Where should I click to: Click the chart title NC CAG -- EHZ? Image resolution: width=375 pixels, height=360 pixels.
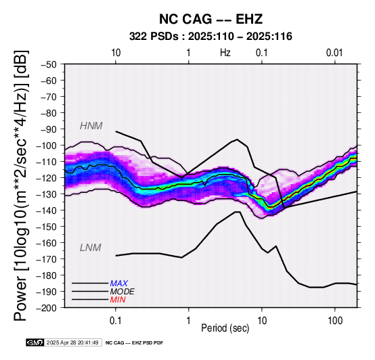tap(211, 19)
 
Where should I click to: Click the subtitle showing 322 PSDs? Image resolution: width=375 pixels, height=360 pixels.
tap(211, 37)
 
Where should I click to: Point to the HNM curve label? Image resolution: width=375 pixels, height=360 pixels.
tap(91, 126)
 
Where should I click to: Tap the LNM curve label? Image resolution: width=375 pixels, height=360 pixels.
tap(91, 248)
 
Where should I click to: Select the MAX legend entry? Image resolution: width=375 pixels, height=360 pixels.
tap(118, 284)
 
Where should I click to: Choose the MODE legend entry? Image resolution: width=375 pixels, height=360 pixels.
tap(123, 292)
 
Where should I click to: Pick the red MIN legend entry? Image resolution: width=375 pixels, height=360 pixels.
tap(118, 300)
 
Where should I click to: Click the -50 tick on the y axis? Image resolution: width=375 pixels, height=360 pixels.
tap(49, 64)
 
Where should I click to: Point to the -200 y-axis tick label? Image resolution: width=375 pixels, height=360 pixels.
tap(47, 308)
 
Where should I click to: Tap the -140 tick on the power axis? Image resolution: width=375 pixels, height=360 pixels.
tap(47, 210)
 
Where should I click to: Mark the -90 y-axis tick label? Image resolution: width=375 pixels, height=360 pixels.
tap(49, 129)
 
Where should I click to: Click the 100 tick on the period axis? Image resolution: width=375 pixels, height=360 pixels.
tap(335, 321)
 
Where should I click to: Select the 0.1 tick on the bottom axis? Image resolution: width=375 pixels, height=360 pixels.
tap(116, 321)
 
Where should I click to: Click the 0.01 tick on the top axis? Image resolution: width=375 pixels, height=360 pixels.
tap(334, 53)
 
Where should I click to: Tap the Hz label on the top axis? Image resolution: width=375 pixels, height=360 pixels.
tap(225, 53)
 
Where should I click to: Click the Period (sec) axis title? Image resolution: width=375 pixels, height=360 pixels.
tap(225, 328)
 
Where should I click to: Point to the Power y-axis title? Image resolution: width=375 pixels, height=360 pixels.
tap(21, 185)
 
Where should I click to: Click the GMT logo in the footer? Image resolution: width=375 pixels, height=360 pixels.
tap(35, 342)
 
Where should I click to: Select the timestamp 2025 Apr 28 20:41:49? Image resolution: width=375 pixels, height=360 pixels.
tap(72, 342)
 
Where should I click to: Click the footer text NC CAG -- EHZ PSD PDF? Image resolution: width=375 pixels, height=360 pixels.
tap(135, 343)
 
